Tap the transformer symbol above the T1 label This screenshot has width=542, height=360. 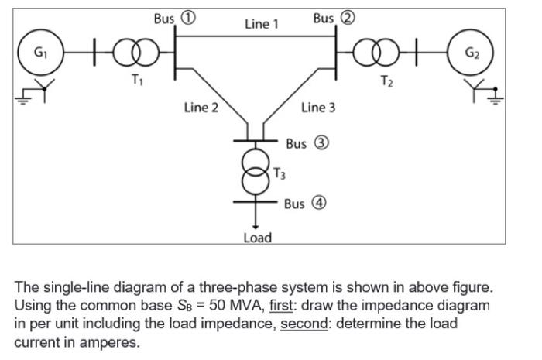pos(136,53)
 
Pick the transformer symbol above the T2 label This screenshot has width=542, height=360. pos(376,53)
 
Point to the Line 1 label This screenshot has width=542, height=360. pos(262,24)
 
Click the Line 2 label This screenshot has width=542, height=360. pos(201,108)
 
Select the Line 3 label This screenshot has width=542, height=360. pos(318,108)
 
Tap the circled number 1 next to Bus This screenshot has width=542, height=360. pos(189,18)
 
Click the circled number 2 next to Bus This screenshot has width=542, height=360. pos(348,18)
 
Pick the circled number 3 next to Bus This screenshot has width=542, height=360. pos(321,143)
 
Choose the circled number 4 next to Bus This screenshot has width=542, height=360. pos(319,203)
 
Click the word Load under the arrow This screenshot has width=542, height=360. pos(258,238)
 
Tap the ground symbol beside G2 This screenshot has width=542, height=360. pos(496,98)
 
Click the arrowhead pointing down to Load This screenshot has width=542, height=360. pos(256,227)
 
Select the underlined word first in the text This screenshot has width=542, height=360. pos(281,306)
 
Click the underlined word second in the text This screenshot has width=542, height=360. pos(304,324)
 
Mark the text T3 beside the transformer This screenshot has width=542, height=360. pos(280,173)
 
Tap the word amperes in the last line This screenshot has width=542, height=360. pos(110,342)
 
